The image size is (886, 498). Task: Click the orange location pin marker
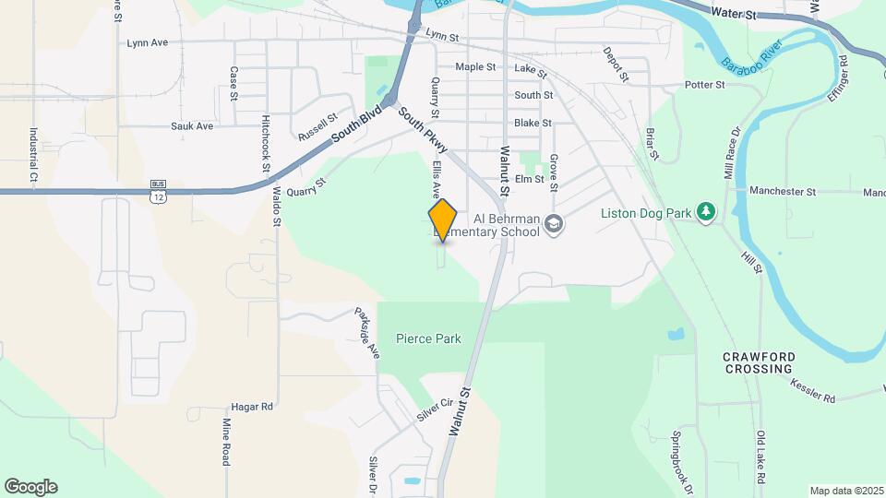(443, 219)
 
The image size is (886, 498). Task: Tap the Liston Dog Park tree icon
(707, 213)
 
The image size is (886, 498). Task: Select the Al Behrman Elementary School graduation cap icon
(554, 224)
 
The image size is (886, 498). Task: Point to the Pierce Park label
(428, 338)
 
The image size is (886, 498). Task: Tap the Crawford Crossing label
(759, 362)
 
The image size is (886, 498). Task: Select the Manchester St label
(783, 192)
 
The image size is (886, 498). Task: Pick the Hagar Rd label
(251, 406)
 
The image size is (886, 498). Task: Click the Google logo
(30, 487)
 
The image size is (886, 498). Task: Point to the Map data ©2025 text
(845, 490)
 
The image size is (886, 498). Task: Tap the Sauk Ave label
(192, 126)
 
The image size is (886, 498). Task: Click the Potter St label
(705, 85)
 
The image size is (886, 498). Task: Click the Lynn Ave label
(148, 42)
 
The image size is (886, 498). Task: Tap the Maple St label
(475, 67)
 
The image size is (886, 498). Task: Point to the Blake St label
(533, 123)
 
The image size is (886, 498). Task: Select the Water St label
(735, 15)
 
